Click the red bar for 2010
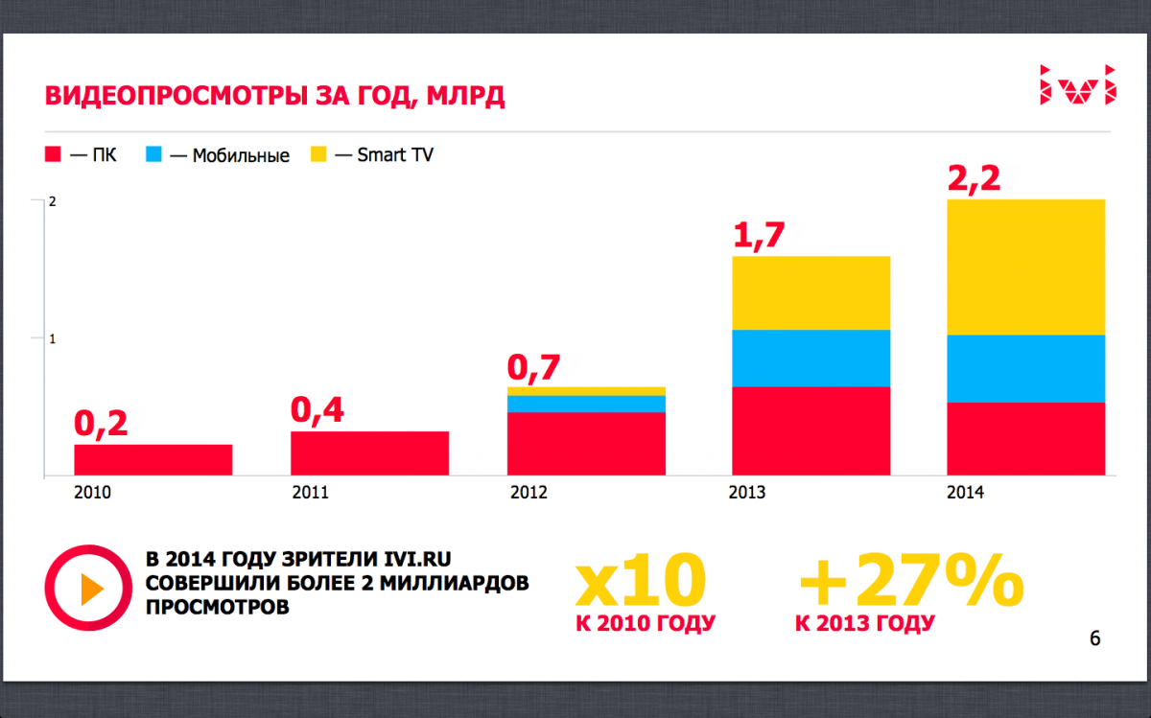[x=153, y=459]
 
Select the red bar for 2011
[x=369, y=452]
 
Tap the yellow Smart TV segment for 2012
[x=586, y=391]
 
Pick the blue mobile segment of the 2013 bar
[x=810, y=358]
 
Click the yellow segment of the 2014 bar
[x=1025, y=266]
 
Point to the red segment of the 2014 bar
[x=1025, y=438]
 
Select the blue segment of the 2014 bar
[x=1025, y=368]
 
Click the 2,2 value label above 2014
[x=974, y=177]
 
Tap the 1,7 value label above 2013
[x=759, y=235]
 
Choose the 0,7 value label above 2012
[x=533, y=367]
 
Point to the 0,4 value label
[x=317, y=410]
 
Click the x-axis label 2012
[x=529, y=493]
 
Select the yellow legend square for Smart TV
[x=319, y=154]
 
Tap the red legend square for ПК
[x=54, y=154]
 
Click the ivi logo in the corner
[x=1078, y=83]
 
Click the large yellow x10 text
[x=640, y=581]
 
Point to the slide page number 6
[x=1094, y=638]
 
